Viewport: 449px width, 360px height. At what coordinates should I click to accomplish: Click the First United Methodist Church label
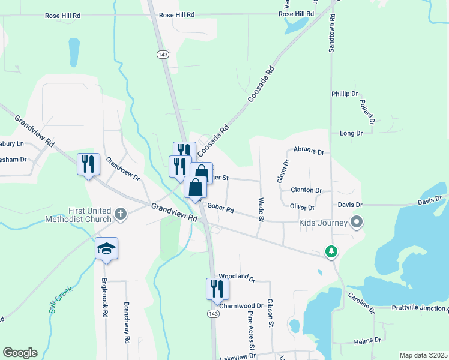tap(79, 215)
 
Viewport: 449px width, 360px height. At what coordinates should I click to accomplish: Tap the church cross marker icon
tap(121, 214)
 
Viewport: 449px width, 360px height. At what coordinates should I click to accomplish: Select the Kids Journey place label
tap(324, 223)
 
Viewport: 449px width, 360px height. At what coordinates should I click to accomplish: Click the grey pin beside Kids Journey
tap(357, 223)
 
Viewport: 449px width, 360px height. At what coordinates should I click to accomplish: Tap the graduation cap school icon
tap(106, 248)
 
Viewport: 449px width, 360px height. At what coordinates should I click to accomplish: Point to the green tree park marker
tap(331, 252)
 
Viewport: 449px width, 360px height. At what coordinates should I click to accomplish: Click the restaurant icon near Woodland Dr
tap(217, 289)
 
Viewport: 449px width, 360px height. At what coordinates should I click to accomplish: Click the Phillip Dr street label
tap(344, 94)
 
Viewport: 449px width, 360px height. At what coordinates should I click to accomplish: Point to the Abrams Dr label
tap(309, 152)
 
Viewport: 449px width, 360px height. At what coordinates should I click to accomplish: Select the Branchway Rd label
tap(127, 322)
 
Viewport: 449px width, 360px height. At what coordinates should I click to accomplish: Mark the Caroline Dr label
tap(361, 304)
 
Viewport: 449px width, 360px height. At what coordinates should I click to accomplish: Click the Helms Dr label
tap(364, 342)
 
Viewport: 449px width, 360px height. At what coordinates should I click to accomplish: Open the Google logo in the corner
tap(20, 353)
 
